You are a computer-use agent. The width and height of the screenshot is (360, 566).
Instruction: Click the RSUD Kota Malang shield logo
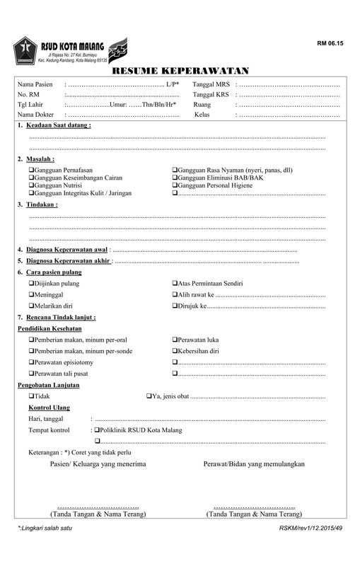click(26, 49)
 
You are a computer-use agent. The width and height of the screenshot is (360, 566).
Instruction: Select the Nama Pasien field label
click(35, 85)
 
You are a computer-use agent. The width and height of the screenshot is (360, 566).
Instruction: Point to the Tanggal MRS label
click(210, 85)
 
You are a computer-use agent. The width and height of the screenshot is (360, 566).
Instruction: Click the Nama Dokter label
click(36, 115)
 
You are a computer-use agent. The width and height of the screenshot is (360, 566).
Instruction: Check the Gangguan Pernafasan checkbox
click(31, 171)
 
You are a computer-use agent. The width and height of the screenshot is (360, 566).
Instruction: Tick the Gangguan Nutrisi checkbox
click(31, 185)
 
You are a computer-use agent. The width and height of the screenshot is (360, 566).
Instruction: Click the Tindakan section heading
click(42, 204)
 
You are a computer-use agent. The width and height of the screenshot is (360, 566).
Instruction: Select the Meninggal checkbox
click(31, 294)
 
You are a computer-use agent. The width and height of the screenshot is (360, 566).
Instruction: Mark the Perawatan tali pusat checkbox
click(31, 374)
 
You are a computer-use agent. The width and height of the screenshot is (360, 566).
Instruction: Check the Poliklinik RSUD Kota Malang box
click(96, 430)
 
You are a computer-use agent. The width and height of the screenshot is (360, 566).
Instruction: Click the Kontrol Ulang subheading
click(49, 408)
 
